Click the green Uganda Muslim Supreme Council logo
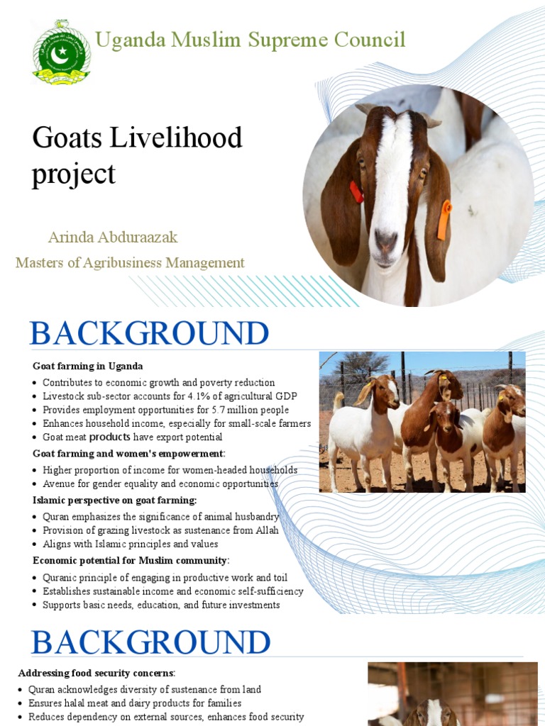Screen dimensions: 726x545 (62, 52)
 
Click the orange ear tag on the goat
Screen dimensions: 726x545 (444, 220)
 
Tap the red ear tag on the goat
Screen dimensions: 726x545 (356, 192)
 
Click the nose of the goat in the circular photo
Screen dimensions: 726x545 (387, 241)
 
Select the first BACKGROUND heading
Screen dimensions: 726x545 (149, 334)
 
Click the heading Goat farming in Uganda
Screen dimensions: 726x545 (88, 367)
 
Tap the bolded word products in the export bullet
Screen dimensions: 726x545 (109, 437)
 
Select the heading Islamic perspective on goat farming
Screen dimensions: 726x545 (115, 501)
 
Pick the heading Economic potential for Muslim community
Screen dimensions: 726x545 (130, 561)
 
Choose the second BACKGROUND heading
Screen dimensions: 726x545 (150, 642)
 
